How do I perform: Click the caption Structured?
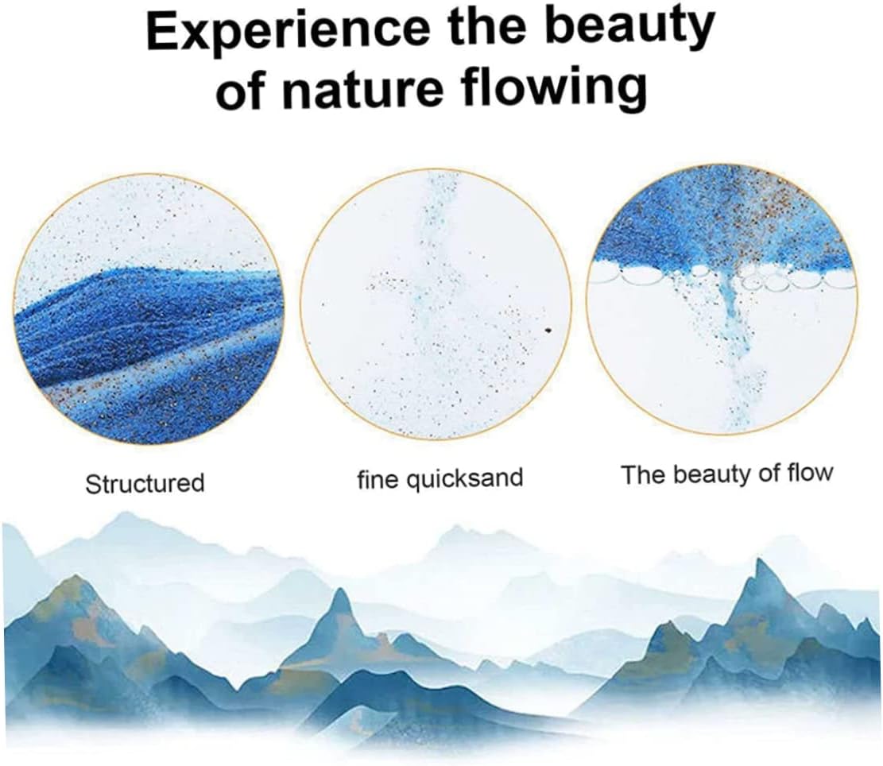(145, 483)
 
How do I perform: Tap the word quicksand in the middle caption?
(465, 478)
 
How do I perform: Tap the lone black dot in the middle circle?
(549, 331)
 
